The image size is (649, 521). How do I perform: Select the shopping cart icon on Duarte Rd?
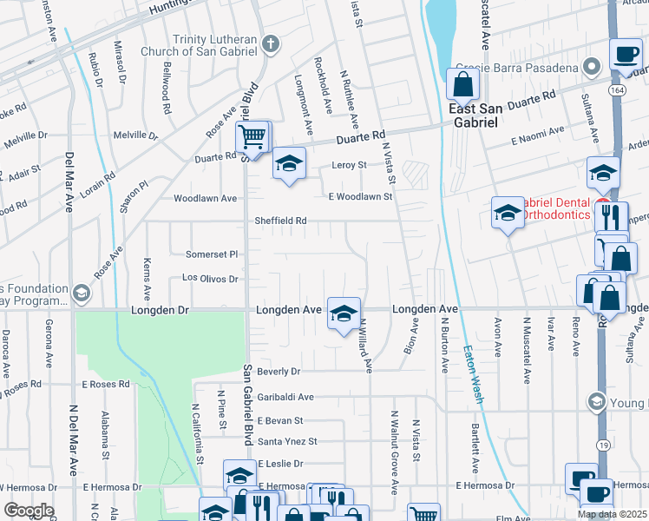pos(252,135)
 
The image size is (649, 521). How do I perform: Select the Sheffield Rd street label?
pos(280,221)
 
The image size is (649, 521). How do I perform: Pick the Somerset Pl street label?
pos(212,254)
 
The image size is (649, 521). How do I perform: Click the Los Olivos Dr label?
pos(209,279)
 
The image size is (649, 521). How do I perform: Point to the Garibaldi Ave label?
pos(278,396)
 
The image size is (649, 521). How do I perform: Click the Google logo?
pos(28,511)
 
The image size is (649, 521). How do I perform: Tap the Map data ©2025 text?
pos(611,514)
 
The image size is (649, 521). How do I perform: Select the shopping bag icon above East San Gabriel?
pos(463,84)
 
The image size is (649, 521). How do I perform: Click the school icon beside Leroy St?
pos(289,163)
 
